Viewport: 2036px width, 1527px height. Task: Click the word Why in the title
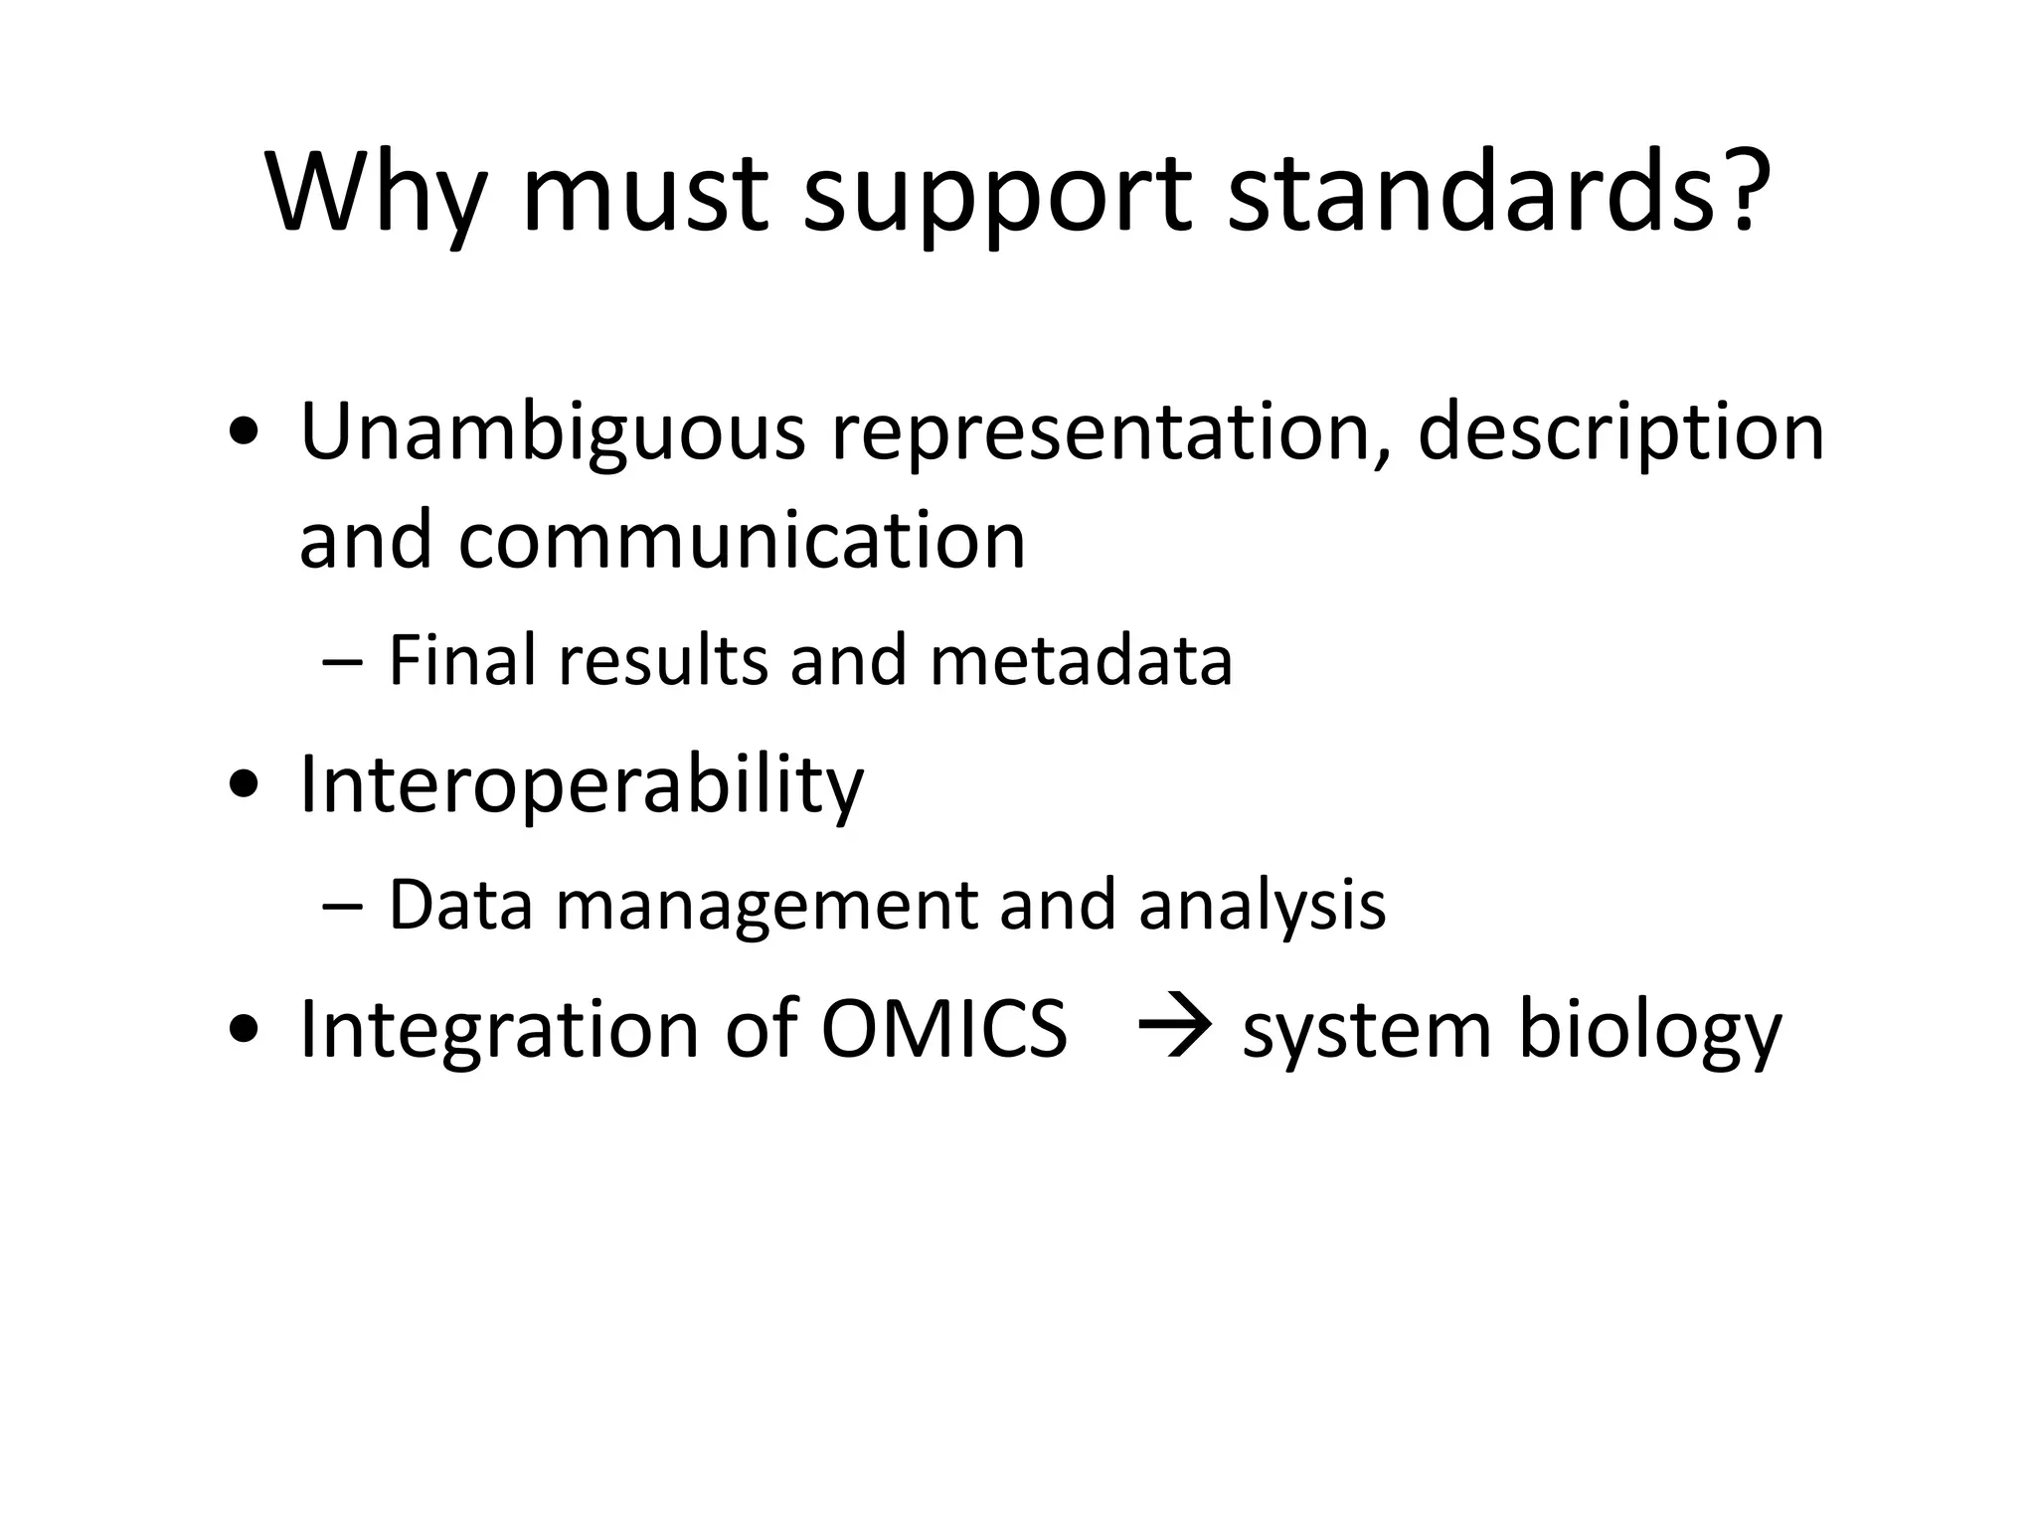point(376,194)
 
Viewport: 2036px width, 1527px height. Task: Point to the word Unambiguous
point(552,432)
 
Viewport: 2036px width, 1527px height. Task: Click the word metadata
point(1081,661)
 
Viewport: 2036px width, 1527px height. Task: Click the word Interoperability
point(582,785)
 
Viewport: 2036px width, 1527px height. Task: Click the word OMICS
point(943,1029)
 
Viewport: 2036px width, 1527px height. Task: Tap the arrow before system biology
point(1174,1028)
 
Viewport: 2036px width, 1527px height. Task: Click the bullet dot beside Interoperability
point(244,786)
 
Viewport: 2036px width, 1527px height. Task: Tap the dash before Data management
point(343,906)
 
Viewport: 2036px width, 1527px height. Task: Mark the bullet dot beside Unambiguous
point(244,433)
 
